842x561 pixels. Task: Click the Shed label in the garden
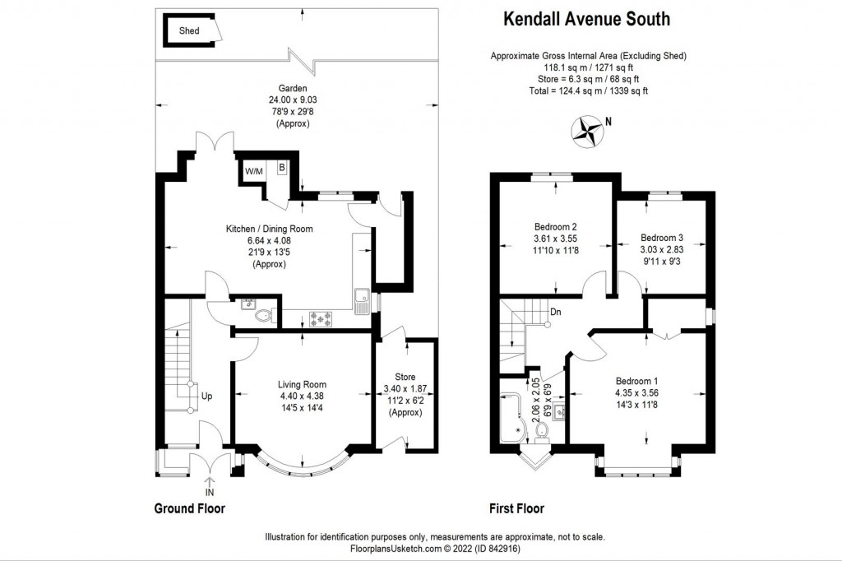click(x=189, y=30)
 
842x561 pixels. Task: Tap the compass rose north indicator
click(x=586, y=131)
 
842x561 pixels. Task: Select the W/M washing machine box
click(x=254, y=171)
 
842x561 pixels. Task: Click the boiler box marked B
click(x=281, y=168)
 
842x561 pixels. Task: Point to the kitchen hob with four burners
click(x=320, y=319)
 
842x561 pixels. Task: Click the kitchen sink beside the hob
click(x=362, y=301)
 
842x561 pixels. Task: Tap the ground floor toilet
click(x=264, y=316)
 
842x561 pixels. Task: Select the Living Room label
click(x=302, y=384)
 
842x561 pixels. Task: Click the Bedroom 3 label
click(x=662, y=238)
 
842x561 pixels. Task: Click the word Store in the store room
click(x=405, y=377)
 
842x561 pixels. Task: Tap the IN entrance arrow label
click(x=210, y=492)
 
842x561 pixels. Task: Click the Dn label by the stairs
click(x=556, y=312)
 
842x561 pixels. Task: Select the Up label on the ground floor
click(x=206, y=396)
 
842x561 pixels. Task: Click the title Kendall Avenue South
click(x=586, y=20)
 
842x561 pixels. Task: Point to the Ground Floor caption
click(x=190, y=508)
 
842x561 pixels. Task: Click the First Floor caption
click(x=516, y=508)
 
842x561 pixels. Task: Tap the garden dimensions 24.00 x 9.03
click(x=293, y=100)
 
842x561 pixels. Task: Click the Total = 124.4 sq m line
click(x=589, y=90)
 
